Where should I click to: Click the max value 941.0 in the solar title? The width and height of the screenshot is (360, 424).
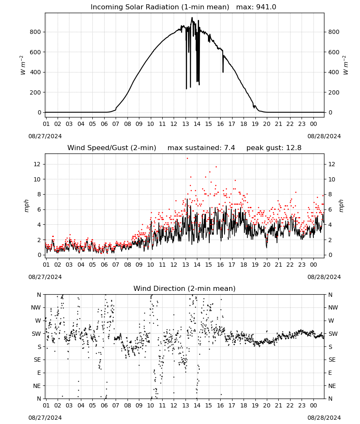[x=266, y=7]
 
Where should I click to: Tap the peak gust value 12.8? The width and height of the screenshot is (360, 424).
[x=293, y=148]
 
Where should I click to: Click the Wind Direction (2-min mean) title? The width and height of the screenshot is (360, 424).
[x=185, y=288]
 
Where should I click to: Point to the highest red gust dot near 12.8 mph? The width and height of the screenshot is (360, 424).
[x=187, y=159]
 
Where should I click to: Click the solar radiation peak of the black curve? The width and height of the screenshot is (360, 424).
[x=192, y=18]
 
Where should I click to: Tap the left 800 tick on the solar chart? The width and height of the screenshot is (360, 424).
[x=36, y=32]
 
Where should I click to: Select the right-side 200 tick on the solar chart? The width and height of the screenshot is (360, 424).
[x=334, y=92]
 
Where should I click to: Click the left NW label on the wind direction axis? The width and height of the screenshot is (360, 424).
[x=36, y=308]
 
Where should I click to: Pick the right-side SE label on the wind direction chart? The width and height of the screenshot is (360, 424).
[x=332, y=360]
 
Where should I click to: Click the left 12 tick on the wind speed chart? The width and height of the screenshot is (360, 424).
[x=37, y=164]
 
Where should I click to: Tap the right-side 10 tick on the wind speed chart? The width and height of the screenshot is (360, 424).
[x=332, y=179]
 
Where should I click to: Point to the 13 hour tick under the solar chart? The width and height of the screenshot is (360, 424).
[x=186, y=124]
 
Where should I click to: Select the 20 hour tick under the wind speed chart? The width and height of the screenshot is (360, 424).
[x=267, y=265]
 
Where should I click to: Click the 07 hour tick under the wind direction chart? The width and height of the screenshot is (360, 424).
[x=116, y=406]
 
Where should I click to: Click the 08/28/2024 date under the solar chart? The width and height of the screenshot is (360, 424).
[x=324, y=136]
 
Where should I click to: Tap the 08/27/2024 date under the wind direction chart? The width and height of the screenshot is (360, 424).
[x=45, y=418]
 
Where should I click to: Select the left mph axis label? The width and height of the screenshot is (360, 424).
[x=26, y=206]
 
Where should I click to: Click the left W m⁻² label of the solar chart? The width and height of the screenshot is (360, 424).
[x=23, y=65]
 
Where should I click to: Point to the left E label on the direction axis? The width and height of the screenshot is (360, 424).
[x=39, y=373]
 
